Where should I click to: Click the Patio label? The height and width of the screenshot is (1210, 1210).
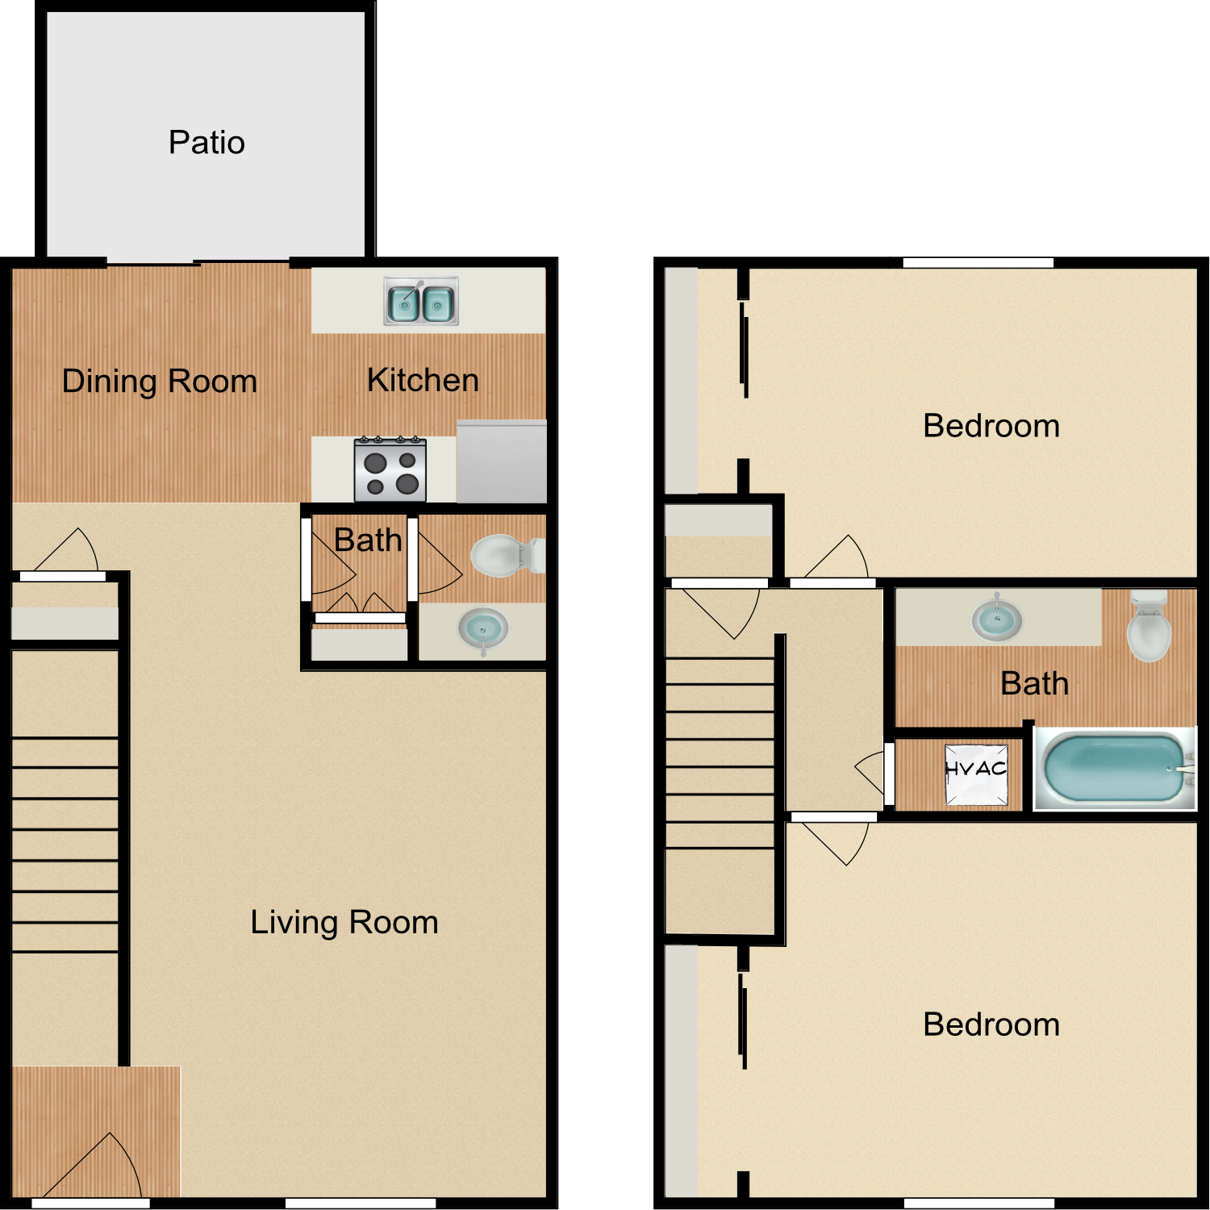(x=207, y=143)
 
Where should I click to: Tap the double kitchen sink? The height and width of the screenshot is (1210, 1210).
(x=421, y=302)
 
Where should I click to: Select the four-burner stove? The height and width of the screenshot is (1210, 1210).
(x=390, y=470)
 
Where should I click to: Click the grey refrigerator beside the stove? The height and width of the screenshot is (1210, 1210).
(x=501, y=461)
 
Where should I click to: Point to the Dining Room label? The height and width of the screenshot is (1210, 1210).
(x=160, y=381)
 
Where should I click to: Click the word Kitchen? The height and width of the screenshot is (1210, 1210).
(x=423, y=380)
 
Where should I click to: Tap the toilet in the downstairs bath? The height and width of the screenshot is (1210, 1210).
(x=504, y=556)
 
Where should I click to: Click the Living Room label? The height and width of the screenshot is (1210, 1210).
(x=344, y=922)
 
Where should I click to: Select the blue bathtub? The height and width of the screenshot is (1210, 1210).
(x=1114, y=768)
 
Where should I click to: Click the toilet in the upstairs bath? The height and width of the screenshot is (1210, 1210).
(x=1149, y=628)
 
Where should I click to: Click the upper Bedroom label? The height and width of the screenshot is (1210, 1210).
(x=991, y=426)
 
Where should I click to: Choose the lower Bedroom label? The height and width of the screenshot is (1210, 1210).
(x=991, y=1024)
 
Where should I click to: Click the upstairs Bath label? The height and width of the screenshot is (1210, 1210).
(x=1034, y=684)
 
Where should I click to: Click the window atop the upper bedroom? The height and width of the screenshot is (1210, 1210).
(x=978, y=263)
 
